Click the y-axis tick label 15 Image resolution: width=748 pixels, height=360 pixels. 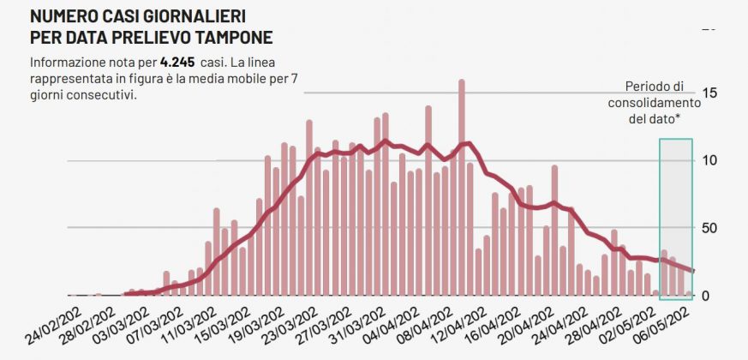709,93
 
